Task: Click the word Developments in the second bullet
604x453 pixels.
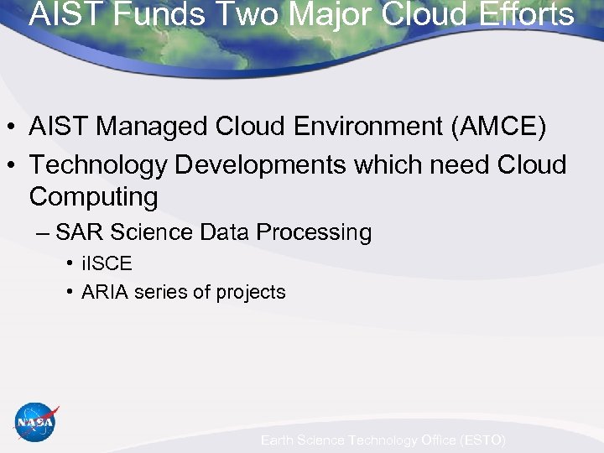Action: point(261,165)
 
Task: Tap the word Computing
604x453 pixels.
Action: point(93,197)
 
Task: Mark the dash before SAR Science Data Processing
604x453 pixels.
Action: point(43,233)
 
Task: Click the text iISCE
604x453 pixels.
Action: point(107,263)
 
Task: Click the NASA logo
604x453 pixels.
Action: point(36,422)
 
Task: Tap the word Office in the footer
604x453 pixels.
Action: point(435,440)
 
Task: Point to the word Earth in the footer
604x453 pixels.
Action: point(279,440)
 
